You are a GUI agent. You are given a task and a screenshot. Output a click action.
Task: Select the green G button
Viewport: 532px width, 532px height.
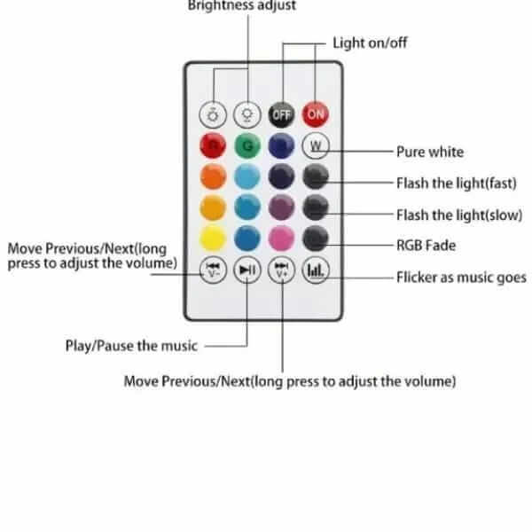pos(248,145)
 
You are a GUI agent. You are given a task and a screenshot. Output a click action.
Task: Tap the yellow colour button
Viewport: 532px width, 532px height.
pos(214,238)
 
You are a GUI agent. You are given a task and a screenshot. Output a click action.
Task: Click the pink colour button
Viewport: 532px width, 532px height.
pos(282,238)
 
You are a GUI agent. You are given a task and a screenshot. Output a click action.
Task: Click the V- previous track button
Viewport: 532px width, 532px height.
pos(214,270)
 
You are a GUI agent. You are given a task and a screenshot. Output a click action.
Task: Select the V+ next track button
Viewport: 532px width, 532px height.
pos(282,270)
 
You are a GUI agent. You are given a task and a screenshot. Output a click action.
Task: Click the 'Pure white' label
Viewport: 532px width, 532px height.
pos(429,152)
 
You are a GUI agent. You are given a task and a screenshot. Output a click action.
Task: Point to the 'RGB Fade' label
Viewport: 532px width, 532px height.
pos(426,246)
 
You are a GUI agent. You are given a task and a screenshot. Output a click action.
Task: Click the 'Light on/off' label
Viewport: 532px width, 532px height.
pos(370,43)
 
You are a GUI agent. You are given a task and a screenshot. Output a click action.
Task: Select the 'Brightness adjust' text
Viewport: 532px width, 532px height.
pos(241,5)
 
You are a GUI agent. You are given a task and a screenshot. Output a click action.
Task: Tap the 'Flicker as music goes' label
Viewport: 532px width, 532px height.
pos(460,278)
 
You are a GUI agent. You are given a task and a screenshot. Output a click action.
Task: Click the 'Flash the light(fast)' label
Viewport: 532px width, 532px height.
pos(456,183)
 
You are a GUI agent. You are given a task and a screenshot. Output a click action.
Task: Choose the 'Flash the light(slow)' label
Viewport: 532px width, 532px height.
pos(458,215)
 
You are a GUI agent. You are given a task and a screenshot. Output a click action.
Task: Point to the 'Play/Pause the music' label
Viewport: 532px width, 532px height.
pos(131,345)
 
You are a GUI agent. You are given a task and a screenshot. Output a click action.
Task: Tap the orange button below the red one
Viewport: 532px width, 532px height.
pos(214,176)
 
